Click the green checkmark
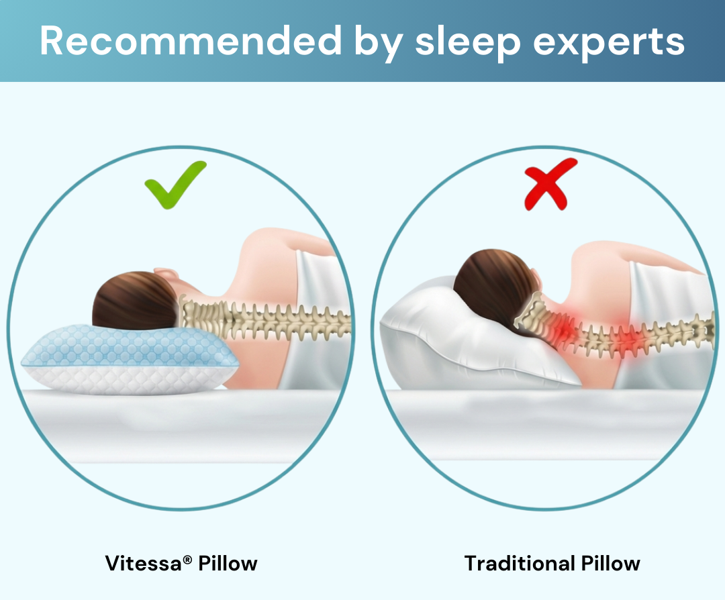point(175,185)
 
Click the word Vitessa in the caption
point(144,563)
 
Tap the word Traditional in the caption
point(520,563)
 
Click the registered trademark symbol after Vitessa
point(187,560)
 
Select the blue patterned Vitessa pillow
point(130,358)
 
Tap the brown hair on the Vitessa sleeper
point(134,301)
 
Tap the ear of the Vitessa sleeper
point(166,274)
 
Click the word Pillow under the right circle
point(611,563)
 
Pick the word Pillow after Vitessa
point(228,563)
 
